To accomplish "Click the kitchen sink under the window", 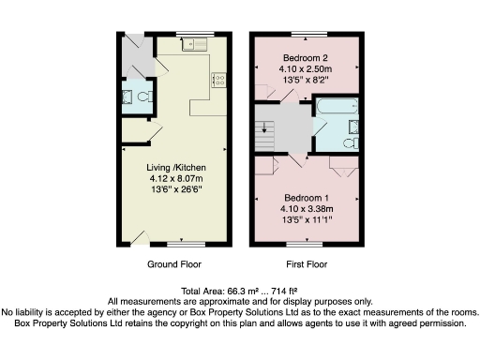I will pyautogui.click(x=197, y=41).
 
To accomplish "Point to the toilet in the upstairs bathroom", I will pyautogui.click(x=348, y=143).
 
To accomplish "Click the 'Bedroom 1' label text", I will pyautogui.click(x=303, y=200).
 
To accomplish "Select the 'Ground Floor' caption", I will pyautogui.click(x=173, y=265).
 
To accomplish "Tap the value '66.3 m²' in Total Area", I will pyautogui.click(x=232, y=291).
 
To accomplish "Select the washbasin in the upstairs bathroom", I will pyautogui.click(x=353, y=127).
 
